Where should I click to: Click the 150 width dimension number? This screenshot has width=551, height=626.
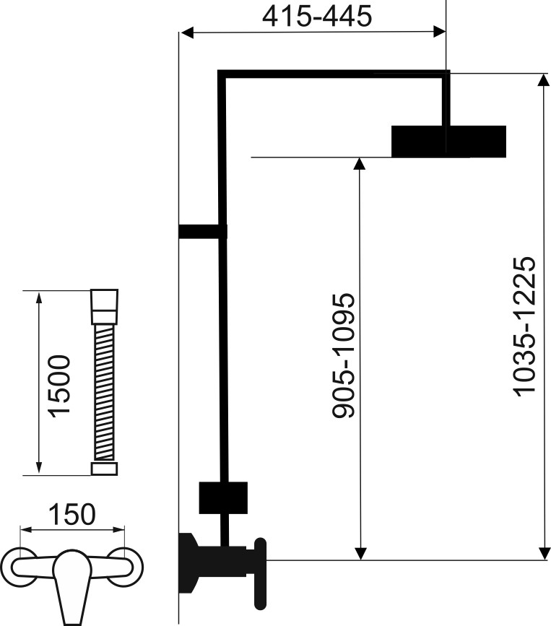[x=71, y=515]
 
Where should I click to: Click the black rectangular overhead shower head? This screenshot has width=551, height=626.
[x=448, y=141]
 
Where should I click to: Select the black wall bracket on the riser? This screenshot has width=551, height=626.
[x=201, y=230]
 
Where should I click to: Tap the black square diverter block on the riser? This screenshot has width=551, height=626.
[x=224, y=497]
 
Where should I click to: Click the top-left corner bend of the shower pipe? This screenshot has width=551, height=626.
[x=222, y=74]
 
